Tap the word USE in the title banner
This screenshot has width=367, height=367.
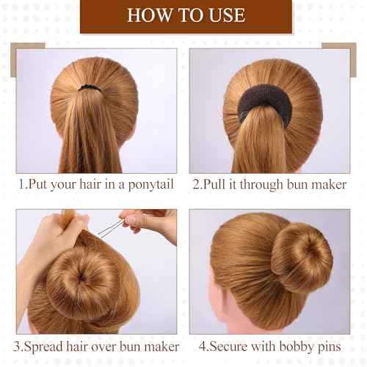click(224, 15)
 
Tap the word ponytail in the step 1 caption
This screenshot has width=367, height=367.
click(145, 184)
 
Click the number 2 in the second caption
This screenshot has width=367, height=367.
click(197, 184)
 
